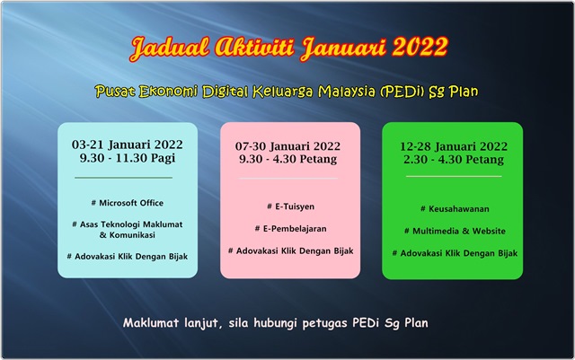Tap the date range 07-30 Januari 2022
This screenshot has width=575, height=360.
[x=289, y=145]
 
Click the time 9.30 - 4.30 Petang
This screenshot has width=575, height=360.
[x=289, y=160]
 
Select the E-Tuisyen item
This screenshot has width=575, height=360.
[x=290, y=206]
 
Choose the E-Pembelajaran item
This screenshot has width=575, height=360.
[x=290, y=228]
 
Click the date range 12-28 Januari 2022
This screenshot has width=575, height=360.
[x=453, y=145]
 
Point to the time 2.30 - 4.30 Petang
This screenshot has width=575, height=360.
[x=453, y=160]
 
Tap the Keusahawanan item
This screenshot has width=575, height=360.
[x=454, y=208]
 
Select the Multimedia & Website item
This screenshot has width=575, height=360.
[x=454, y=231]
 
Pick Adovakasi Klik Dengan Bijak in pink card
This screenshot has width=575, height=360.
[x=290, y=250]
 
